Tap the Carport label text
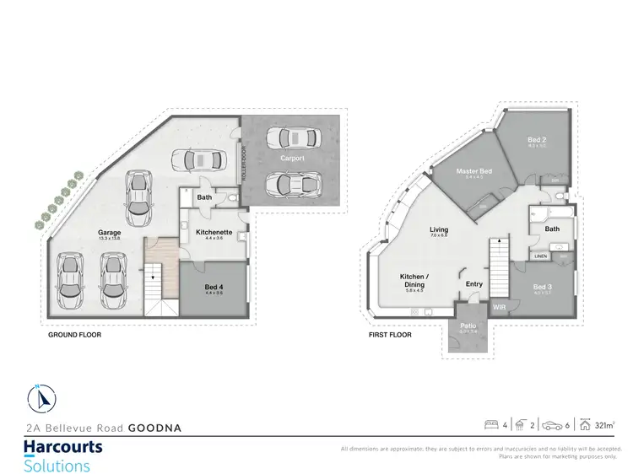(x=292, y=158)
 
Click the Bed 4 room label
(x=215, y=287)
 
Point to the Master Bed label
(x=473, y=171)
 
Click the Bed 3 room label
(x=544, y=287)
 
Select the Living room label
(x=438, y=229)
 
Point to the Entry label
(x=474, y=284)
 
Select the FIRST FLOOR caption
(x=390, y=335)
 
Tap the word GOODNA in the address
(x=154, y=428)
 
